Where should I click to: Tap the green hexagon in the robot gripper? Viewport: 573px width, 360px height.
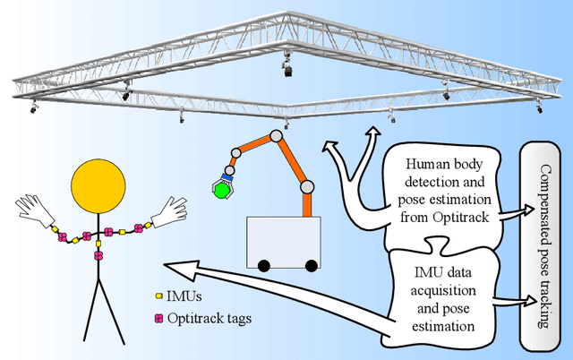[x=219, y=189]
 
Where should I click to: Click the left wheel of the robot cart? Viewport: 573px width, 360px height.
[x=266, y=265]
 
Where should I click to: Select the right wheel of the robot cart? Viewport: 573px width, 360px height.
[x=311, y=265]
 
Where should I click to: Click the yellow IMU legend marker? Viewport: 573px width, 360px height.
[x=158, y=294]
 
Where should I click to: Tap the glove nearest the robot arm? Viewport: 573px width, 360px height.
[x=169, y=211]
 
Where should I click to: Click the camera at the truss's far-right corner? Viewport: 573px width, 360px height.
[x=539, y=108]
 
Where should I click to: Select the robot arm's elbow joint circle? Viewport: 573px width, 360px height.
[x=307, y=187]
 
